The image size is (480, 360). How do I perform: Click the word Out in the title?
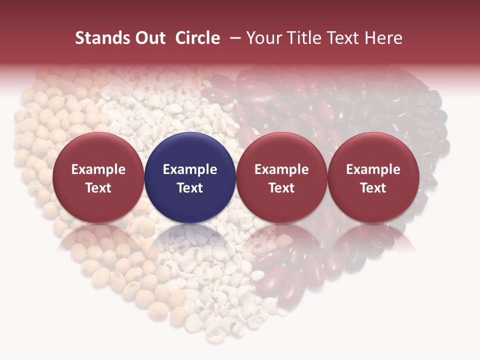pyautogui.click(x=149, y=38)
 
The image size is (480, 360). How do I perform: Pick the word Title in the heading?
pyautogui.click(x=305, y=38)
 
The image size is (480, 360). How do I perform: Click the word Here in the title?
pyautogui.click(x=384, y=38)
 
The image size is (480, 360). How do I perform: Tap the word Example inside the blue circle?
pyautogui.click(x=190, y=169)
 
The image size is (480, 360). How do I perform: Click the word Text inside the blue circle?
pyautogui.click(x=190, y=188)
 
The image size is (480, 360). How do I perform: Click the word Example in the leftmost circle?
pyautogui.click(x=98, y=169)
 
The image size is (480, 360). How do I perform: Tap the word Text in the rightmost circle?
pyautogui.click(x=373, y=188)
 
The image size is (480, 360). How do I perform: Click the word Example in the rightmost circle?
pyautogui.click(x=373, y=169)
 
